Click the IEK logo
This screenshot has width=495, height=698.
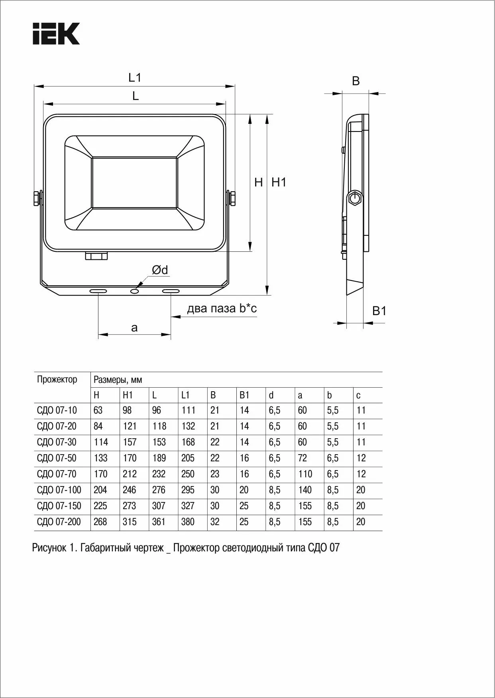tap(56, 33)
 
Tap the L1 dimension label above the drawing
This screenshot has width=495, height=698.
tap(135, 77)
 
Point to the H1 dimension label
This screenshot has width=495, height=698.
tap(279, 182)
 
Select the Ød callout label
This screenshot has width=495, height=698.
tap(160, 270)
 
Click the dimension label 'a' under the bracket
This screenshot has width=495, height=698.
tap(134, 327)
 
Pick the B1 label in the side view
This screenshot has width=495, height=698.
tap(379, 311)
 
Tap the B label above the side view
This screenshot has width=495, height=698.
tap(356, 81)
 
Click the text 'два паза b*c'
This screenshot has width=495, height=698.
tap(222, 308)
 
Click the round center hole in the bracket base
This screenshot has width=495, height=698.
tap(135, 292)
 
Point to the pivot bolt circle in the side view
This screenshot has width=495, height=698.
tap(354, 198)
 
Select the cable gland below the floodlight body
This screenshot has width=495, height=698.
tap(96, 256)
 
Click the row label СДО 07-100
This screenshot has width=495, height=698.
tap(59, 490)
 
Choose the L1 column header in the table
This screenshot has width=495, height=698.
tap(185, 395)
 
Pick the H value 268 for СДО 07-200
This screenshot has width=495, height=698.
tap(100, 522)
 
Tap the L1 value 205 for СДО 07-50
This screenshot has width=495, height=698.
tap(188, 458)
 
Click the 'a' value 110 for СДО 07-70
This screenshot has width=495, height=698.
tap(305, 474)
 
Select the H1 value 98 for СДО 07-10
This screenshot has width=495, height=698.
tap(127, 410)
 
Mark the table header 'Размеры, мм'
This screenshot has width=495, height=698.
tap(118, 380)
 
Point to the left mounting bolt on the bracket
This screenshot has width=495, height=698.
tap(37, 198)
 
